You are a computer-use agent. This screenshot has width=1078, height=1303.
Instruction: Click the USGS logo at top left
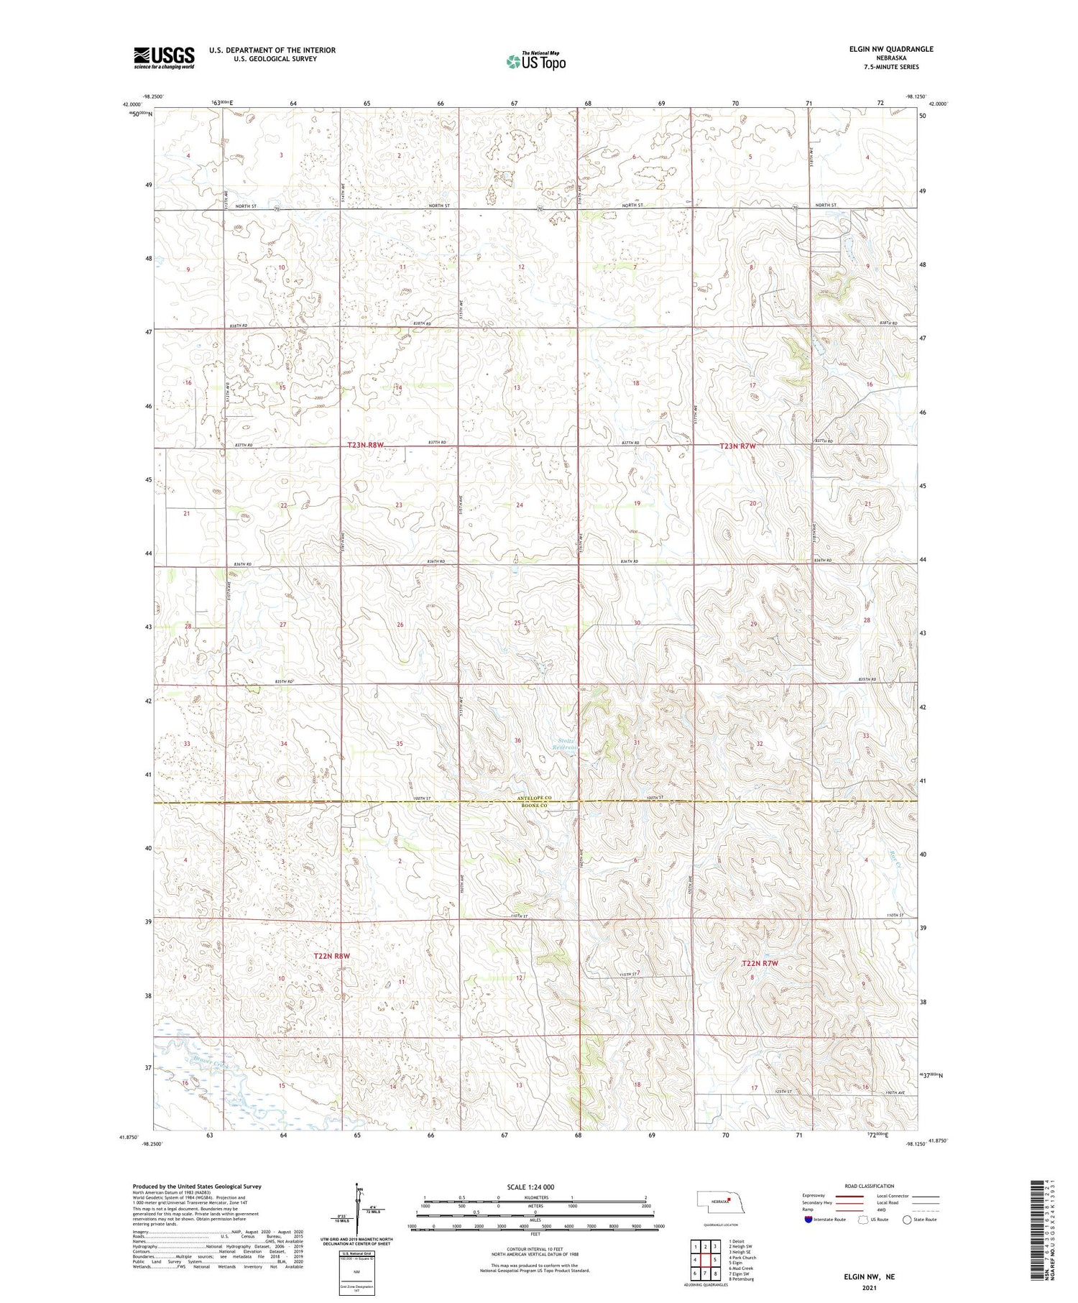(164, 57)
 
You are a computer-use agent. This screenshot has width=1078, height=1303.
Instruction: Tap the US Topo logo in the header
(535, 61)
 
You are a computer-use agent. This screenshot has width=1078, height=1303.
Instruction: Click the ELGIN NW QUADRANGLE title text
(891, 49)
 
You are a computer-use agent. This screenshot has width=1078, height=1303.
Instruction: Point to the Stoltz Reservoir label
(567, 745)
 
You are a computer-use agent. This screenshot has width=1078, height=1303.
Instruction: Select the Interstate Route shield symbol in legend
(808, 1220)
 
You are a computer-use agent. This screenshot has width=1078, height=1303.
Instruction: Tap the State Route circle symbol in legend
(907, 1220)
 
